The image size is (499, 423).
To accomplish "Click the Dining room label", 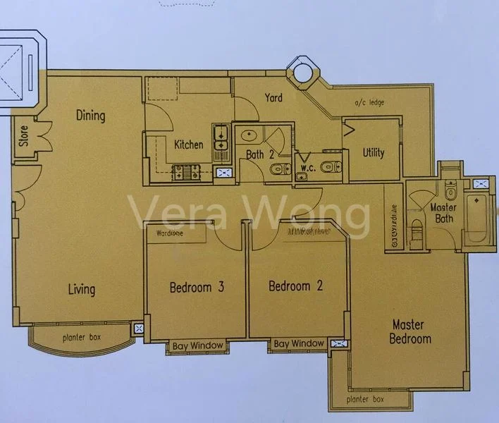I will pos(90,116).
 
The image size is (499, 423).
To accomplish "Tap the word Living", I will pos(82,289).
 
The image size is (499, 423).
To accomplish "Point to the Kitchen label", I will pos(189,145).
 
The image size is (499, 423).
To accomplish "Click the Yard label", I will pos(273,97).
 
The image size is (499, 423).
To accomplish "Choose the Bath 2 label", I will pos(259,154).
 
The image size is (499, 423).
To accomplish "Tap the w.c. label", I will pos(307,168).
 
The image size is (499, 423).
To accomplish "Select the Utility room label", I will pos(373,152).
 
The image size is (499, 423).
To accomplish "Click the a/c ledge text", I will pos(369,104).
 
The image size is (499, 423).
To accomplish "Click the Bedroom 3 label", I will pos(197,287).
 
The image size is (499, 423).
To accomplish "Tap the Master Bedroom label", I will pos(411,331).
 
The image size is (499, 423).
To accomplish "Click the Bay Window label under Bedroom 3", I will pos(197,345).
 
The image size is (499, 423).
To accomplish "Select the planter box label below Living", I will pos(81,338).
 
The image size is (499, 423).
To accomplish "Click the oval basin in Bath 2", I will pos(248,135).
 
